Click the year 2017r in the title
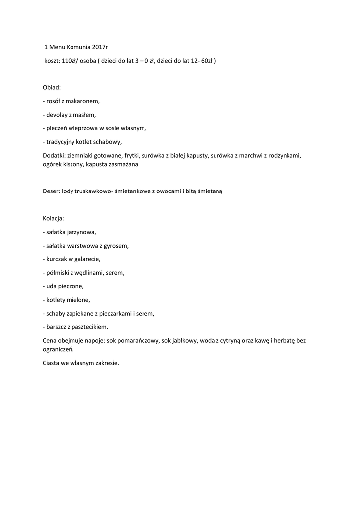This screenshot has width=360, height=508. pyautogui.click(x=100, y=48)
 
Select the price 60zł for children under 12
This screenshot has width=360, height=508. pyautogui.click(x=207, y=61)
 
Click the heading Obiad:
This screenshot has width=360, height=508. pyautogui.click(x=52, y=88)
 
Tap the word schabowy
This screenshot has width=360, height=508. pyautogui.click(x=106, y=142)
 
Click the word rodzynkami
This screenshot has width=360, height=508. pyautogui.click(x=285, y=155)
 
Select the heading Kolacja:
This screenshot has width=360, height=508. pyautogui.click(x=54, y=218)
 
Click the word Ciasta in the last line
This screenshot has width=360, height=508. pyautogui.click(x=52, y=363)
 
